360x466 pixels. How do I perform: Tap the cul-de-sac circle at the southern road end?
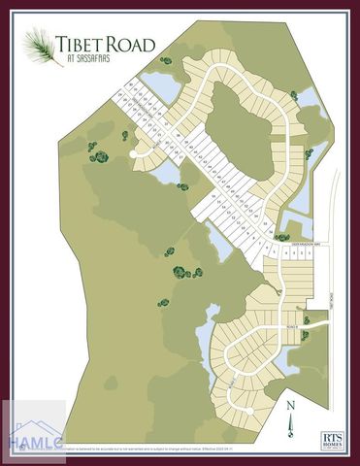(249, 410)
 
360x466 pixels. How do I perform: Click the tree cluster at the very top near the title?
(166, 61)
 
